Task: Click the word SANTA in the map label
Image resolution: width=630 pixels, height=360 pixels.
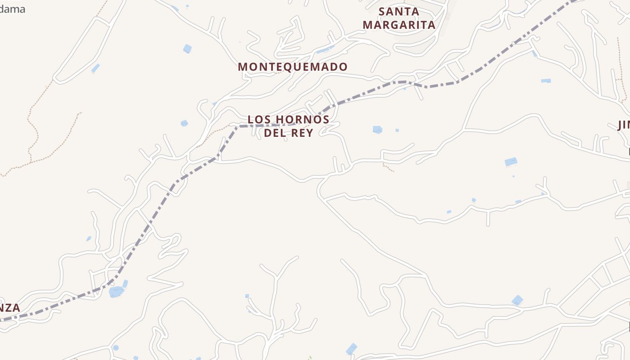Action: pos(399,11)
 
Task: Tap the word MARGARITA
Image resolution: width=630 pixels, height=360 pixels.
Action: pos(399,25)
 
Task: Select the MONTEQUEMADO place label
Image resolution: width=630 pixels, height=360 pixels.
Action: pos(292,67)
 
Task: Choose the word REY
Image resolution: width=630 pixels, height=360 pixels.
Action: pos(303,133)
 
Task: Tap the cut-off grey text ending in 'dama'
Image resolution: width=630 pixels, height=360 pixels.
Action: pos(12,9)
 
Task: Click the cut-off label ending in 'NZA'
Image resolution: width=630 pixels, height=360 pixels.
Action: pos(10,308)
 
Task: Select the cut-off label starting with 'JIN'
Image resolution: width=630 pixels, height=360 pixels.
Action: pos(623,125)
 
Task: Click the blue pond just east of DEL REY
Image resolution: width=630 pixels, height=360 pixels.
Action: pos(377,130)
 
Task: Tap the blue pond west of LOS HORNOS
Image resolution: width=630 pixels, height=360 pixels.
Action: pos(184,123)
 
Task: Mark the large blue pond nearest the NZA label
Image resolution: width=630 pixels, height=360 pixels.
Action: pos(116,292)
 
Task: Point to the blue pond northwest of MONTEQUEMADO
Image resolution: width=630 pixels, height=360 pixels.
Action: pos(187,48)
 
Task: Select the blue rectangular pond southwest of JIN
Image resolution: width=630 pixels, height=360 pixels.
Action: pos(511,162)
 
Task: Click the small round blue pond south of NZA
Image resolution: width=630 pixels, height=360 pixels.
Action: pos(116,347)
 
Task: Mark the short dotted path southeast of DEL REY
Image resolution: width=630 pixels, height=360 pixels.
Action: pos(388,168)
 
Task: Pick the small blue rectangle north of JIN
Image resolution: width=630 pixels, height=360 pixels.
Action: pos(546,81)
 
